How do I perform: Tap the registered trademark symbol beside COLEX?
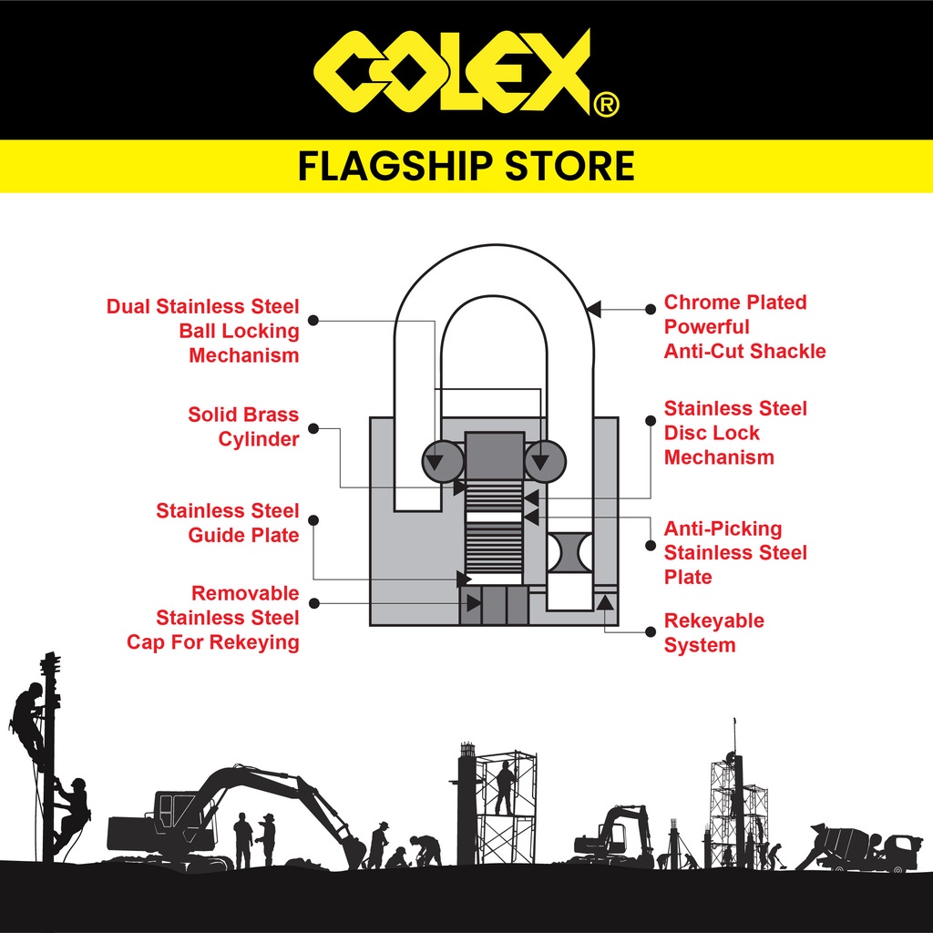point(606,107)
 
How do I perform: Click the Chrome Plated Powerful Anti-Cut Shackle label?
point(743,326)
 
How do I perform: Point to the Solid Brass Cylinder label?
point(243,426)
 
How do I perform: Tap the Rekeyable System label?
point(713,632)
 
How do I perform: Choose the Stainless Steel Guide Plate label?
point(228,522)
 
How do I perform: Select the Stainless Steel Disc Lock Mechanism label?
point(734,433)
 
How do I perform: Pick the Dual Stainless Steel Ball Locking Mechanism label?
point(203,331)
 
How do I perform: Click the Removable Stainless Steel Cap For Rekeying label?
point(213,618)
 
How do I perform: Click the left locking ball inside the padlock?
point(443,461)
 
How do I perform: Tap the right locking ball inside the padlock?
point(545,461)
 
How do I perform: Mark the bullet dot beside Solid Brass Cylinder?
point(313,427)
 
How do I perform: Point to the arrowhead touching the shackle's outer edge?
point(593,310)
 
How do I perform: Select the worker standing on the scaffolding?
point(504,787)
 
